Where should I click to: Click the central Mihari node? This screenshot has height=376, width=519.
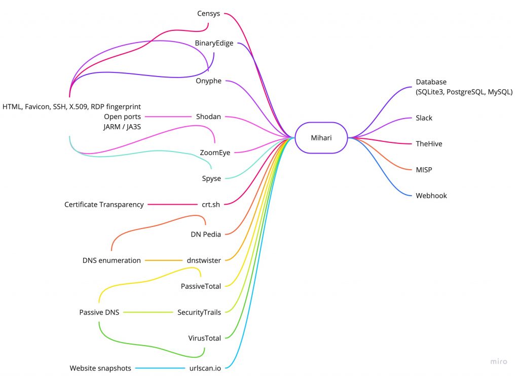321,137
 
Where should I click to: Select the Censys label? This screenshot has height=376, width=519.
208,14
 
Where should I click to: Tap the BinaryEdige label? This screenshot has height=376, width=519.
214,44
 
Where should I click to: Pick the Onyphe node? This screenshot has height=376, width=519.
208,81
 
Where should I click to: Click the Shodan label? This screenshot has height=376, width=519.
208,117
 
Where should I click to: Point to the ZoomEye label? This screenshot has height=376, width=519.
215,153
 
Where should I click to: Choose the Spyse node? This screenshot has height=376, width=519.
211,178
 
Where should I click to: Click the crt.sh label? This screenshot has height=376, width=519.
211,205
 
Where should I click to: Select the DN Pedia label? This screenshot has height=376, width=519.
206,234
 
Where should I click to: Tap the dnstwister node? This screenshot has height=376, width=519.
204,260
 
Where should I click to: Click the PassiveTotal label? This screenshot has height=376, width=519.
201,286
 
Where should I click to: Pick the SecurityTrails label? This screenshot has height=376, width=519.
199,313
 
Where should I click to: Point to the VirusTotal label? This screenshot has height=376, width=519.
204,338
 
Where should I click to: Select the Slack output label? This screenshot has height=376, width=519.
424,118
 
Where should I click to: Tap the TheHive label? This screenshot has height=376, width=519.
429,144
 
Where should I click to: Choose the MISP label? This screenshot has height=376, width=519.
424,170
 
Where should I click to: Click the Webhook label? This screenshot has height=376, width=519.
431,196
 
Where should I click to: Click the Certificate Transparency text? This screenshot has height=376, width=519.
104,205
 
